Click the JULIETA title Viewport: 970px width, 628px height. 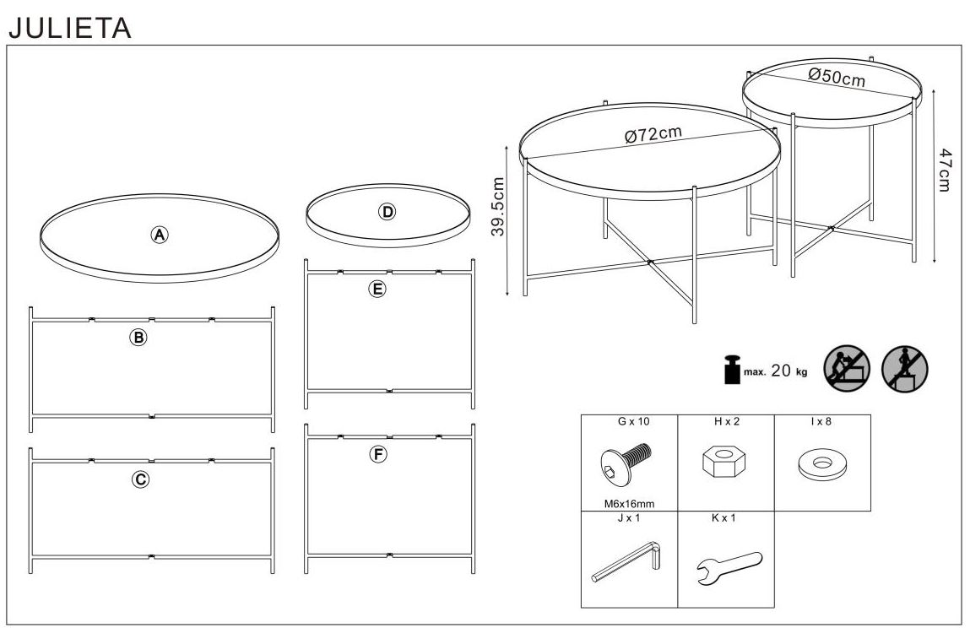(x=70, y=28)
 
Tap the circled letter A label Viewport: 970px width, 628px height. (x=160, y=235)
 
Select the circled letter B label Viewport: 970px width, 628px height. (x=138, y=337)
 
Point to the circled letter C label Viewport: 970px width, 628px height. (x=140, y=479)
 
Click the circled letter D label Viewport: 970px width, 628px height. (x=387, y=212)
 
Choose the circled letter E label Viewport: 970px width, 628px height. (x=377, y=289)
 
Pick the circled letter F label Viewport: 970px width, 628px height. (x=378, y=455)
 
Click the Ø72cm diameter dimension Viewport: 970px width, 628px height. (x=653, y=133)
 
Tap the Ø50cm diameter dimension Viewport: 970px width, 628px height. (x=837, y=77)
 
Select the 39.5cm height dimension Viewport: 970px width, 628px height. (x=498, y=206)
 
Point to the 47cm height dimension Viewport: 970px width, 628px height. (x=944, y=170)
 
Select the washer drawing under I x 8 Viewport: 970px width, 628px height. (x=822, y=465)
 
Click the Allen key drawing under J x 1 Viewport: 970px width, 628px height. (x=626, y=561)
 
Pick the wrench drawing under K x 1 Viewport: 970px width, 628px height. (x=729, y=567)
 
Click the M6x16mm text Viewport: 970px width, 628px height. (x=629, y=504)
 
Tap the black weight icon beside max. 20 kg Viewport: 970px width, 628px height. (x=732, y=370)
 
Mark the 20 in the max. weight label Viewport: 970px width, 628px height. (x=781, y=370)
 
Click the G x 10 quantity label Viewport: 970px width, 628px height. (x=633, y=421)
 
